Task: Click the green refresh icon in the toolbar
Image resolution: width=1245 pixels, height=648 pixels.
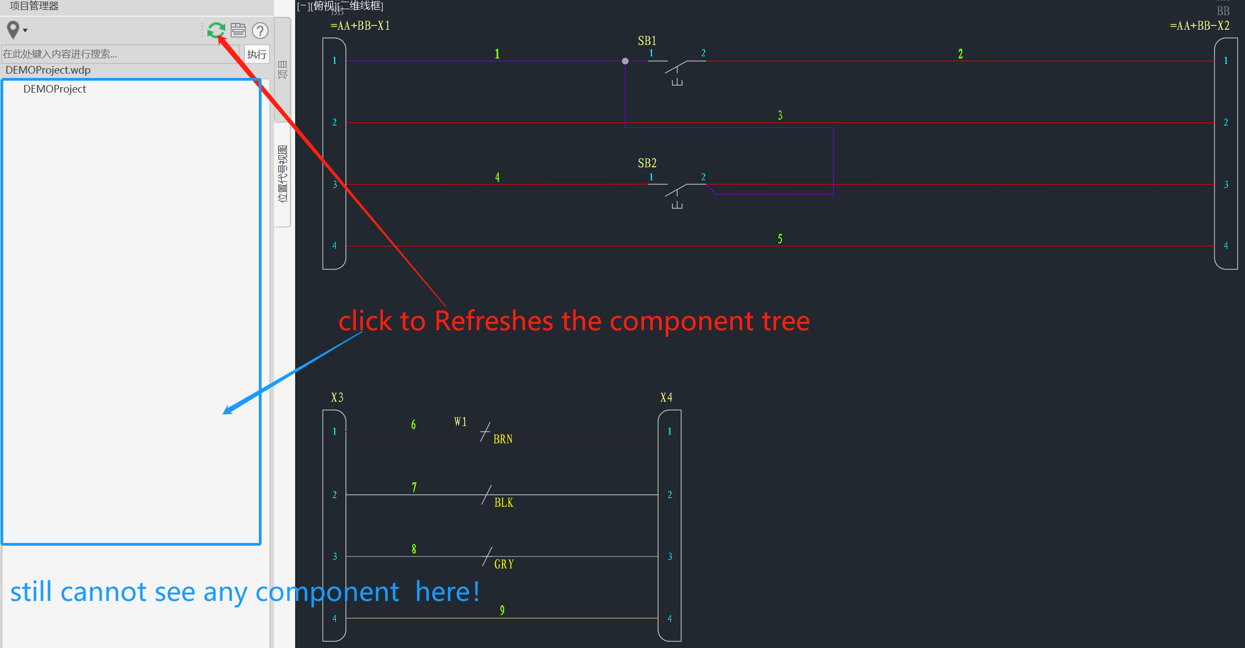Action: point(216,30)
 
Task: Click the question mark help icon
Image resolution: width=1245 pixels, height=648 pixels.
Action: point(260,30)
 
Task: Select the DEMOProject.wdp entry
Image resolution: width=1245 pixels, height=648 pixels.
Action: point(48,70)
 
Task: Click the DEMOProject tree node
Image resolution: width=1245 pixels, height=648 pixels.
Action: point(54,89)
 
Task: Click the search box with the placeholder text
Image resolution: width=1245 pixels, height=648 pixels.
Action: point(119,54)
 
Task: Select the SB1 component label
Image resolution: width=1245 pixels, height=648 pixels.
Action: point(647,41)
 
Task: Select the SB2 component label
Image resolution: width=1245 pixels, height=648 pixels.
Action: point(647,163)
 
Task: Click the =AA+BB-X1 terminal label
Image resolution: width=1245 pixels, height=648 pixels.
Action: point(360,25)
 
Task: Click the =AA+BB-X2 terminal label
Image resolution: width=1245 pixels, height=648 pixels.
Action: point(1199,25)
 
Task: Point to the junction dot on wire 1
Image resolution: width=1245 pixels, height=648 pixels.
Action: point(625,61)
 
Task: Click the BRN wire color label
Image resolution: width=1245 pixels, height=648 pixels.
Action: point(503,439)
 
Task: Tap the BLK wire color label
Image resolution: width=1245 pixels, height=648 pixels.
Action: point(504,502)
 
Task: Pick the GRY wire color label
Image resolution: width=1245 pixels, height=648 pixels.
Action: point(504,564)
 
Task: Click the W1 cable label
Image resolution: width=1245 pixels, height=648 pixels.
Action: point(460,422)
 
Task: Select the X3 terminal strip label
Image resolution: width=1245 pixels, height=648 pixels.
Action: point(337,397)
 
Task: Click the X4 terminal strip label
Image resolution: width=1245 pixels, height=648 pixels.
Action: point(666,397)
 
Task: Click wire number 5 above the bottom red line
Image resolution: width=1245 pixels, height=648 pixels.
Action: point(780,239)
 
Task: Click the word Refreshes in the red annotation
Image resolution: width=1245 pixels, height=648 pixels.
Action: point(493,321)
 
